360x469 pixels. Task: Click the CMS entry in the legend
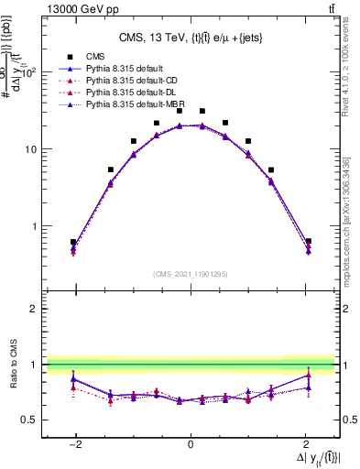[95, 55]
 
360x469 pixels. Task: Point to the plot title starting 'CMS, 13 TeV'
[190, 38]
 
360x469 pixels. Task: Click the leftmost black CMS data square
[73, 243]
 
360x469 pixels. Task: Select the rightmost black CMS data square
[308, 242]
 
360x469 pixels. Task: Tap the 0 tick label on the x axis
[191, 443]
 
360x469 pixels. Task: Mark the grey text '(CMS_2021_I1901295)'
[191, 274]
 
